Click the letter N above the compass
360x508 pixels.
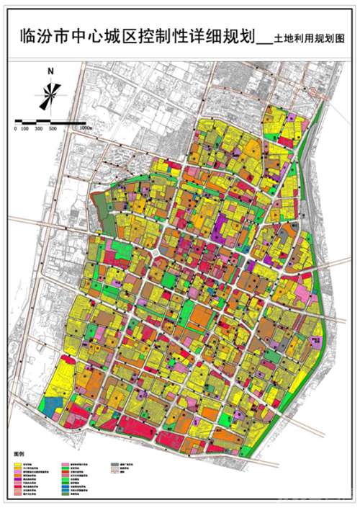51,71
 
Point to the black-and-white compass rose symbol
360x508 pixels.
50,94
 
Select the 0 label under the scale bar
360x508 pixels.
16,128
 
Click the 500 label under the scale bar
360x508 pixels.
52,128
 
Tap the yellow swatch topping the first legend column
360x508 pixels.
18,463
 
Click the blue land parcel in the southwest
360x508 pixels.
51,405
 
